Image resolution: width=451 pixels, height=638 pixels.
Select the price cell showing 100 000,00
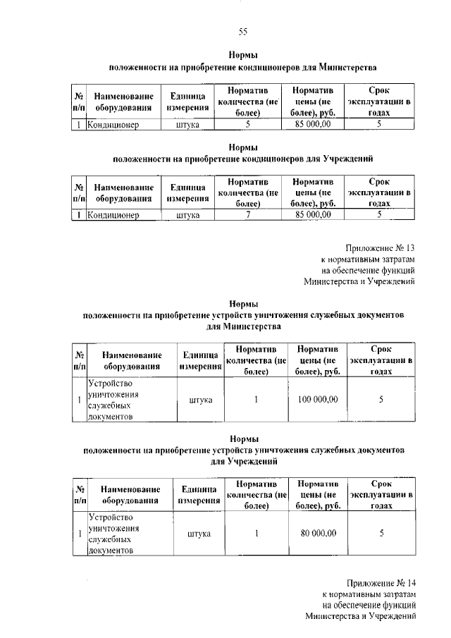pos(318,400)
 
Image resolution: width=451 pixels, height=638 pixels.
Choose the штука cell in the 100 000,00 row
pos(200,400)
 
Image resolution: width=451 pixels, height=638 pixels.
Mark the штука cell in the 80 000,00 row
pos(200,534)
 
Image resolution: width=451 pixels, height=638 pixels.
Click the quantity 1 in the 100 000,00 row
pos(257,400)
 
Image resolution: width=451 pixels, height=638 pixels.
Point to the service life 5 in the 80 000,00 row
pos(381,534)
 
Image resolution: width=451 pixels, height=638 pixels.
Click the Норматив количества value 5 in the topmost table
pos(248,124)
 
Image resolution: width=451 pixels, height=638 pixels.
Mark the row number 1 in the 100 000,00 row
pos(79,400)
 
